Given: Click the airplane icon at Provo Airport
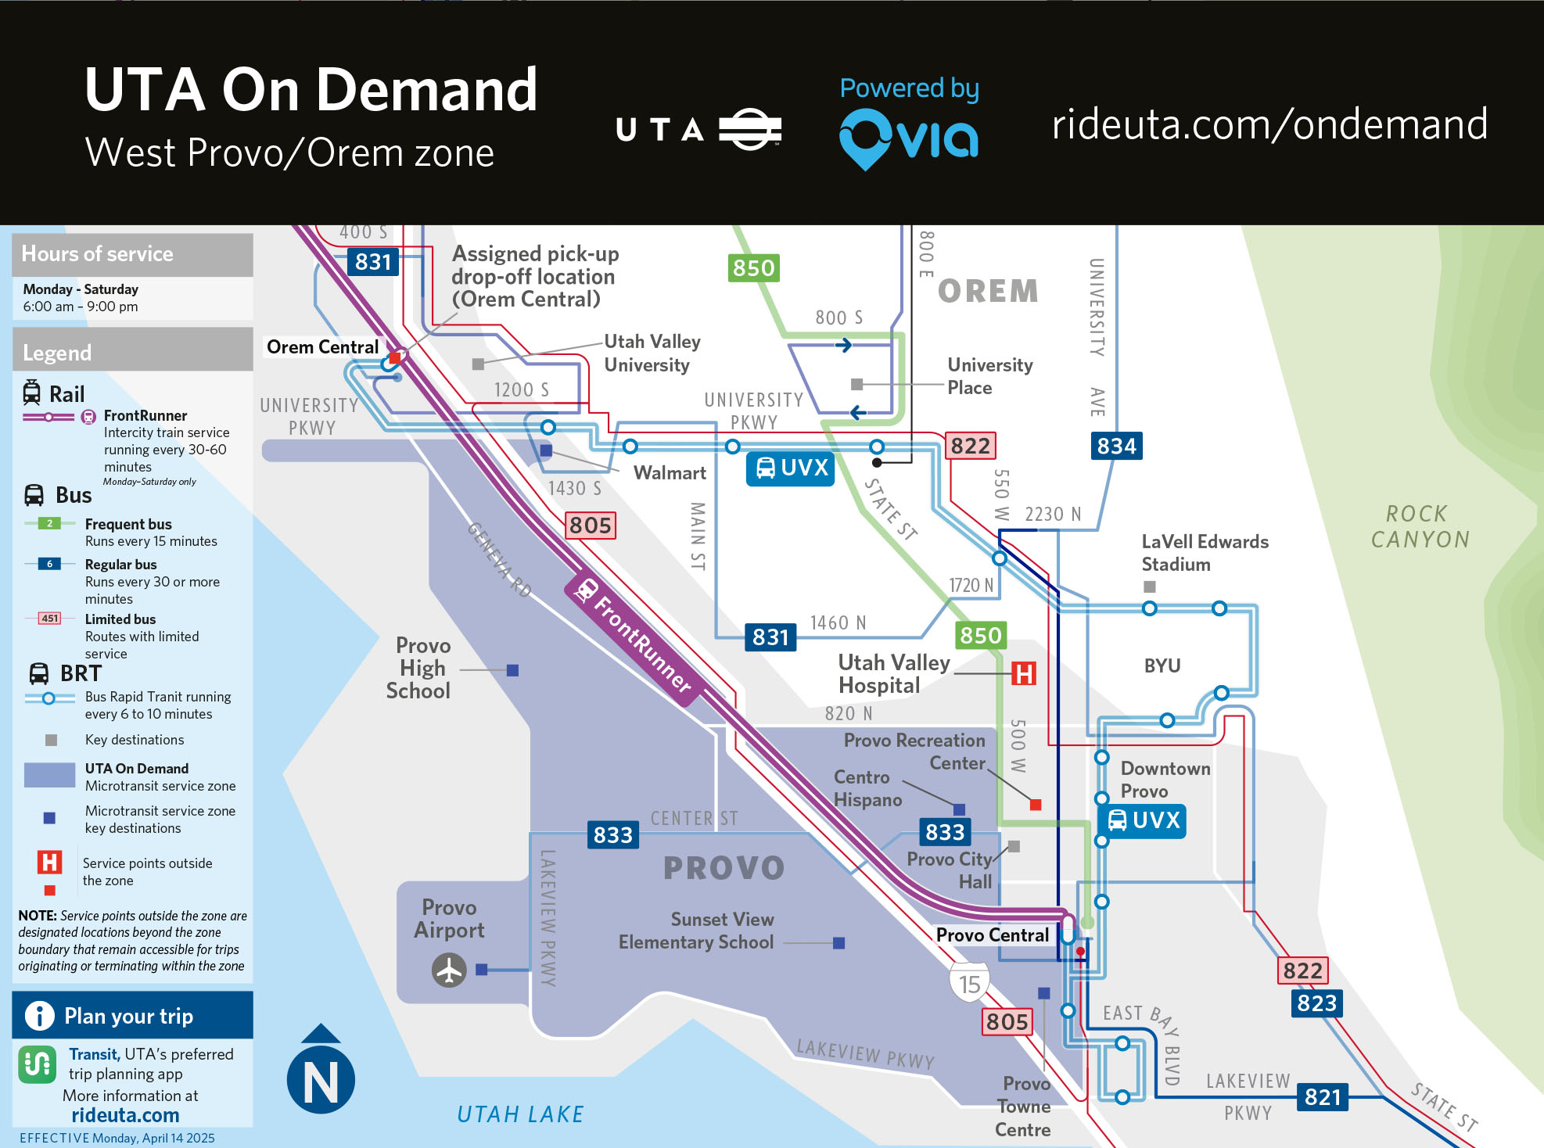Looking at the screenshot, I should click(x=449, y=970).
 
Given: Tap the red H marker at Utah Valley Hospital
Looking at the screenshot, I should click(x=1024, y=673).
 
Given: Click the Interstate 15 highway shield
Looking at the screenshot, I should click(x=969, y=984).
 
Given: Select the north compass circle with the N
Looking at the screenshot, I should click(x=321, y=1080).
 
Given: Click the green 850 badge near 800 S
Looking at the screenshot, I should click(x=753, y=268).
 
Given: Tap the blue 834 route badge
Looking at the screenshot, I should click(x=1116, y=446).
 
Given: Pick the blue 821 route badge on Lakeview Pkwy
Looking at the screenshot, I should click(x=1323, y=1097).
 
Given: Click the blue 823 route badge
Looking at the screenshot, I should click(x=1316, y=1003).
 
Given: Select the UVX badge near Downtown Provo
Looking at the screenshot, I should click(x=1143, y=820).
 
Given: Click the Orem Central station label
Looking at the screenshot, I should click(x=322, y=346).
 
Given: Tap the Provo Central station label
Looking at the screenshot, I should click(x=992, y=935).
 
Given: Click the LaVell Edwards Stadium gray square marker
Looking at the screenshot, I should click(x=1149, y=587).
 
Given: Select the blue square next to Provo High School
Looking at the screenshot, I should click(x=512, y=670).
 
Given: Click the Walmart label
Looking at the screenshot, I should click(x=670, y=473).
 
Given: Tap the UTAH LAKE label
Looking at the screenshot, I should click(x=520, y=1114).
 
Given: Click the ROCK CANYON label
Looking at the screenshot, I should click(x=1420, y=526).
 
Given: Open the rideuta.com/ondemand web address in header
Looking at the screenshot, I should click(x=1269, y=124).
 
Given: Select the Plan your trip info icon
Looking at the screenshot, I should click(x=39, y=1015).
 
